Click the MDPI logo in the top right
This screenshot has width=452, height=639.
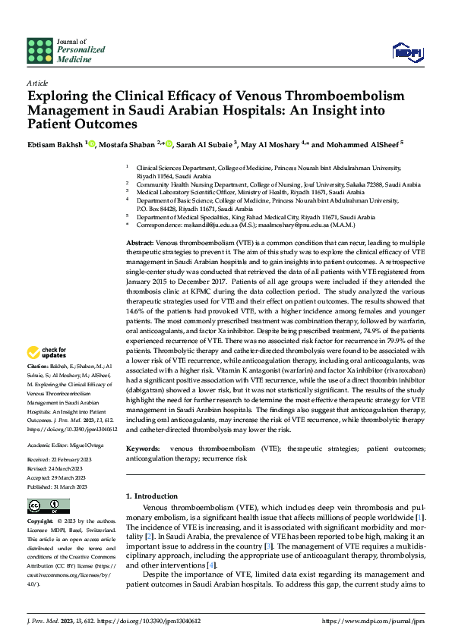(x=406, y=51)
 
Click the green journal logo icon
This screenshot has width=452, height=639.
(x=40, y=51)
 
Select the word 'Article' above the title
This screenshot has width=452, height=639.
(x=37, y=83)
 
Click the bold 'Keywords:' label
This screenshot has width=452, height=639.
(x=144, y=449)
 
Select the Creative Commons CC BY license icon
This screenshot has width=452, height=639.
(x=47, y=506)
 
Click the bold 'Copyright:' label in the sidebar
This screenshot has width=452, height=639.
(x=41, y=522)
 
